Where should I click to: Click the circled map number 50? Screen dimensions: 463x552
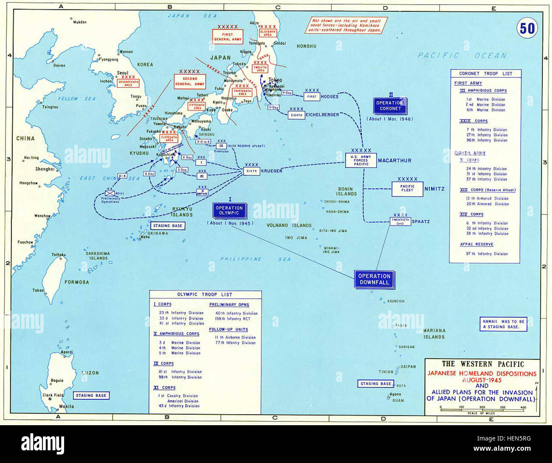click(x=527, y=28)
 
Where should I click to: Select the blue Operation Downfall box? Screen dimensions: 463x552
click(x=374, y=279)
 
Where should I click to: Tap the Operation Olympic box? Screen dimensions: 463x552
click(x=229, y=211)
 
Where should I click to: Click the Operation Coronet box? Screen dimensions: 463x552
click(x=390, y=106)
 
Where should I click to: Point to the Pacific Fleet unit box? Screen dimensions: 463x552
click(x=407, y=189)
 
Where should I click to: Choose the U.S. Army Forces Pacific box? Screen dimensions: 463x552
click(x=360, y=160)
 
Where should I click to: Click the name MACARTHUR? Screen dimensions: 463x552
click(x=394, y=161)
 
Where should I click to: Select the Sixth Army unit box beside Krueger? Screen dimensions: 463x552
click(x=251, y=171)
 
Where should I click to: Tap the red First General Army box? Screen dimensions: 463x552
click(x=228, y=37)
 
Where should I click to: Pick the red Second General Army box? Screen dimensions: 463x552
click(x=190, y=82)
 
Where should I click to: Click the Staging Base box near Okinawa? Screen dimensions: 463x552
click(x=167, y=226)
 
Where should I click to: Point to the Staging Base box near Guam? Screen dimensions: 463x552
click(x=376, y=384)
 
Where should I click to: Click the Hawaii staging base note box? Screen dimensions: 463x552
click(x=503, y=324)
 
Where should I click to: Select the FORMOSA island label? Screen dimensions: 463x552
click(x=77, y=282)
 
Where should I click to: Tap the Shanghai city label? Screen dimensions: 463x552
click(x=45, y=169)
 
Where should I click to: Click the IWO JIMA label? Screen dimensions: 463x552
click(x=296, y=238)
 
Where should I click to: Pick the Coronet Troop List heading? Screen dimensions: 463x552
click(x=485, y=73)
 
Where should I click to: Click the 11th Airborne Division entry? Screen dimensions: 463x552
click(x=235, y=337)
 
